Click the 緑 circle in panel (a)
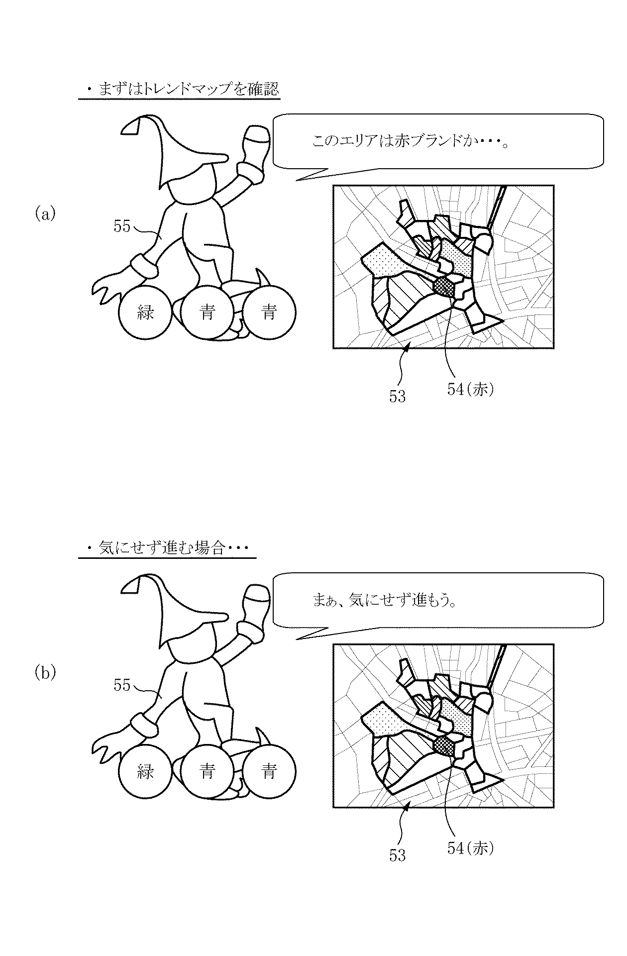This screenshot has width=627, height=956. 145,313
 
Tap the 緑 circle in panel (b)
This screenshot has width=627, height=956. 145,771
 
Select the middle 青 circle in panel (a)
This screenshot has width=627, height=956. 207,313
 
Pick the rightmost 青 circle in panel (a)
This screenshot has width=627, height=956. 269,313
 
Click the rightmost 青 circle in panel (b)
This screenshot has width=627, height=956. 269,771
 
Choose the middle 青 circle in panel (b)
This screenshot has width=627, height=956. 207,771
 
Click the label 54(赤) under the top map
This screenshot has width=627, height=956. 470,390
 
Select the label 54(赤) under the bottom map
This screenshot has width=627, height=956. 470,849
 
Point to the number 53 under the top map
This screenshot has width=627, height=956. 398,397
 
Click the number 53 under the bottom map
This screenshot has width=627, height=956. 398,855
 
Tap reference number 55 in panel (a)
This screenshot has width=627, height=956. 122,226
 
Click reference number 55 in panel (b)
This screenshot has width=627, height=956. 122,685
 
